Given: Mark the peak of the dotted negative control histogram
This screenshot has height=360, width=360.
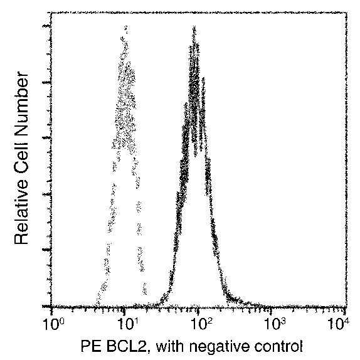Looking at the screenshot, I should (126, 27).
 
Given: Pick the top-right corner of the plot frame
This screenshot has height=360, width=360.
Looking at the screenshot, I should (347, 13).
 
